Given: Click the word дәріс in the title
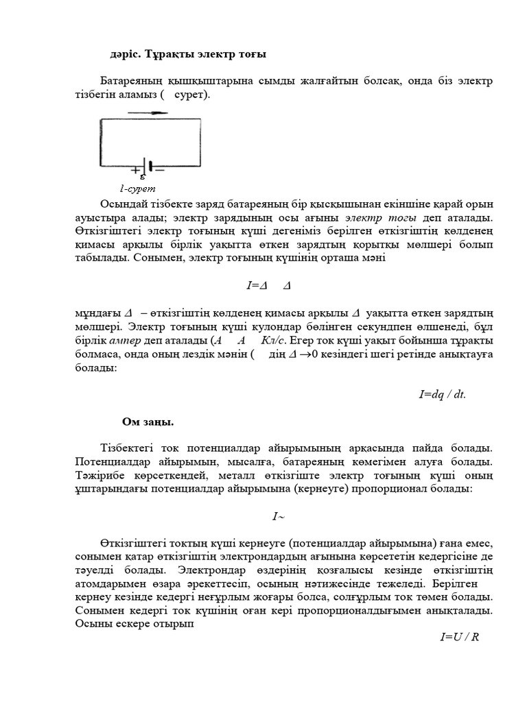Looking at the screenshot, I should pyautogui.click(x=126, y=54).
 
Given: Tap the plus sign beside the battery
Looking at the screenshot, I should pyautogui.click(x=136, y=167).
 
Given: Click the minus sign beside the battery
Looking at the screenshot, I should pyautogui.click(x=161, y=167).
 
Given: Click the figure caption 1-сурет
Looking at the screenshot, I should pyautogui.click(x=138, y=188).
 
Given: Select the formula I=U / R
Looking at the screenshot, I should pyautogui.click(x=459, y=637).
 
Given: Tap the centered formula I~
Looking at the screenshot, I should pyautogui.click(x=278, y=516).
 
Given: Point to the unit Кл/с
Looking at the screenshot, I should pyautogui.click(x=274, y=340).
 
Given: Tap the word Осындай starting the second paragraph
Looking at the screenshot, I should pyautogui.click(x=124, y=205).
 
